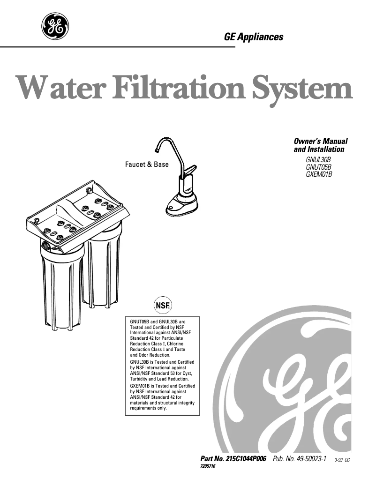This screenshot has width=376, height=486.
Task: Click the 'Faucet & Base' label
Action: (x=146, y=164)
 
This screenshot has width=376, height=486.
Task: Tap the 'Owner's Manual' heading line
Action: (x=320, y=141)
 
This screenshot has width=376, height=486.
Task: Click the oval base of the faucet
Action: (x=180, y=205)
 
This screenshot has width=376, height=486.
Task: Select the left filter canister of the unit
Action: (x=60, y=286)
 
